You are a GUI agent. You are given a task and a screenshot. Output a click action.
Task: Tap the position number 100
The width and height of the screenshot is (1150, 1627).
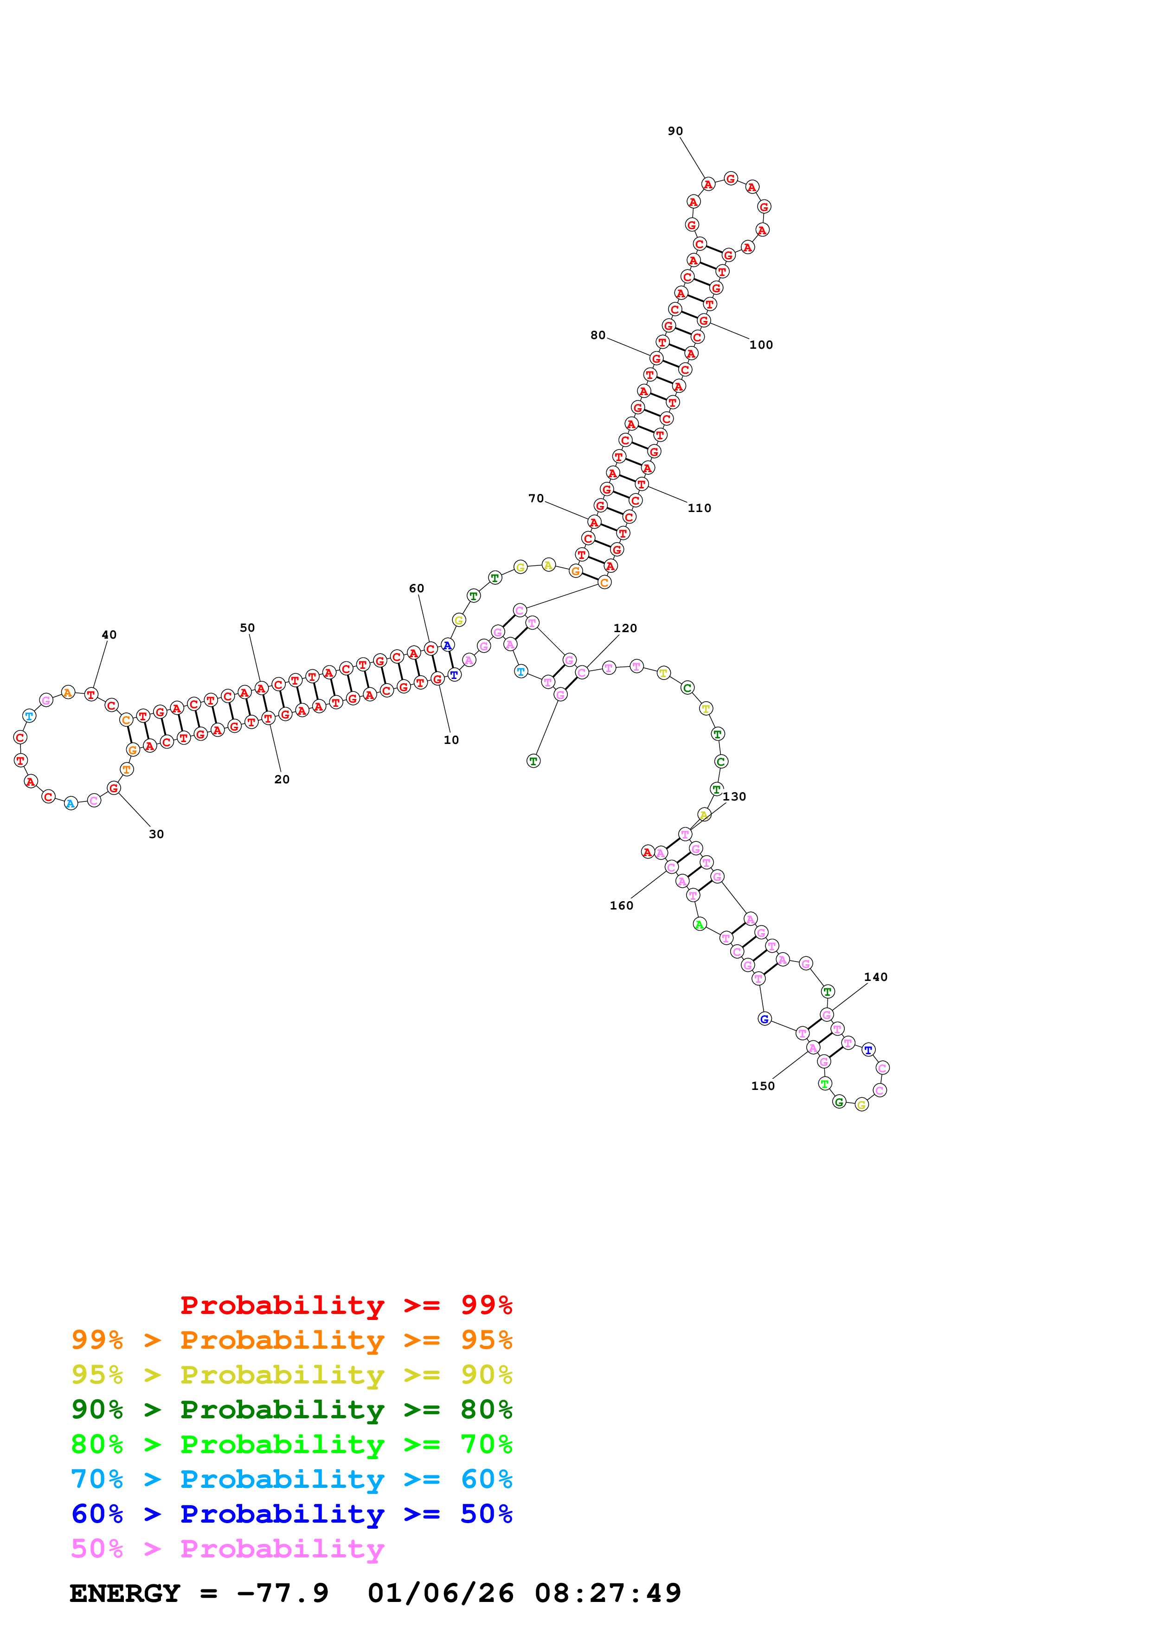761,345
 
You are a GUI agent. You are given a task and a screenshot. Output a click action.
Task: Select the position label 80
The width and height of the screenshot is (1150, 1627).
598,335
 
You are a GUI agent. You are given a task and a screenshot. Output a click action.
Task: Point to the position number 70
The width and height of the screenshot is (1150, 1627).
536,498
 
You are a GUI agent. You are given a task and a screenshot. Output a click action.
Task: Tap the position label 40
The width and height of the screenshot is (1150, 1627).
109,635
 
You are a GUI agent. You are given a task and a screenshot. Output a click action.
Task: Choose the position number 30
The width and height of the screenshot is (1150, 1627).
156,834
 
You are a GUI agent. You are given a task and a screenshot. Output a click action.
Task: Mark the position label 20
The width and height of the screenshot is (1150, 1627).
281,780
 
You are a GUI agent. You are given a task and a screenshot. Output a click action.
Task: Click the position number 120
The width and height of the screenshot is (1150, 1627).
624,628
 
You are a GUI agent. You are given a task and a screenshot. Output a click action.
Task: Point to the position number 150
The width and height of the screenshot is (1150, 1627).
763,1086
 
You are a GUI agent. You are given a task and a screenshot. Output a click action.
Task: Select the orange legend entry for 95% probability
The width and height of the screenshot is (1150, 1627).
291,1340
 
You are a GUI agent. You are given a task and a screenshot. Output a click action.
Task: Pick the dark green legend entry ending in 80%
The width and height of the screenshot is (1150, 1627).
291,1409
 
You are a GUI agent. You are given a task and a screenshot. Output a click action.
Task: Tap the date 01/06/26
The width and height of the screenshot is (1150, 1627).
440,1593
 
